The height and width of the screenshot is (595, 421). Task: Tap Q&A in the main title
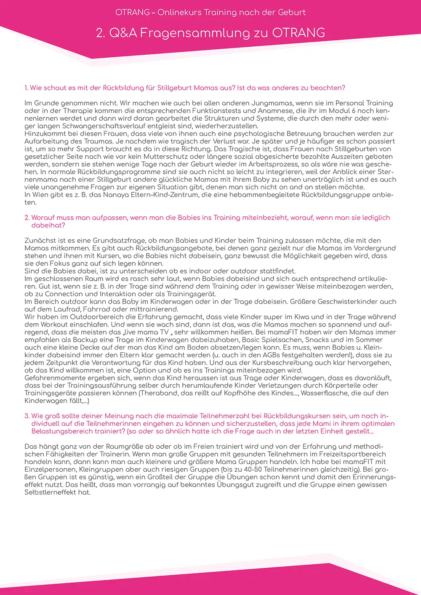(123, 33)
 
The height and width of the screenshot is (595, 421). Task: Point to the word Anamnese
(277, 111)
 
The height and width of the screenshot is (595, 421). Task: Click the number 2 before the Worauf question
(27, 218)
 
